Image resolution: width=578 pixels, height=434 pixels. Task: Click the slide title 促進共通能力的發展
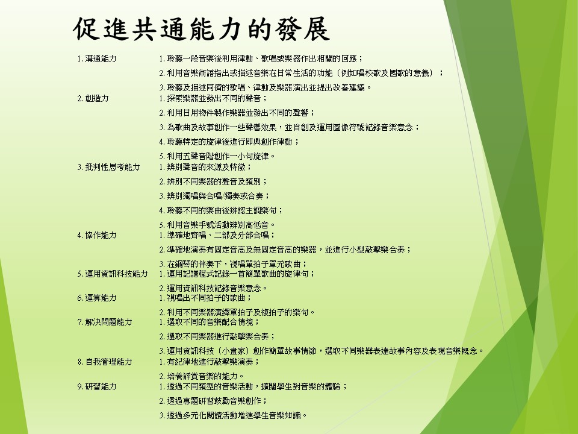click(201, 28)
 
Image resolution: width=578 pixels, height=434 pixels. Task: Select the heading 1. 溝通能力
click(97, 58)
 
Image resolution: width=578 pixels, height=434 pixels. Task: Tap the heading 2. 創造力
click(93, 98)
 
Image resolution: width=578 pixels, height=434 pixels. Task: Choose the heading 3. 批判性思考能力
click(109, 167)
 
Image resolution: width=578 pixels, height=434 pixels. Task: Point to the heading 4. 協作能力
click(97, 235)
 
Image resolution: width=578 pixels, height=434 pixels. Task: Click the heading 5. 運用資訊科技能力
click(113, 274)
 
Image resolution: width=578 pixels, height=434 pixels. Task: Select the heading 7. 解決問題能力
click(105, 322)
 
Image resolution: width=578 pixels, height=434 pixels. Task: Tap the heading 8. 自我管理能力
click(105, 362)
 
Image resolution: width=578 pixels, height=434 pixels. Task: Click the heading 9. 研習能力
click(97, 387)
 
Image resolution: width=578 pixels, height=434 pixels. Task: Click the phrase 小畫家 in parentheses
click(237, 351)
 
